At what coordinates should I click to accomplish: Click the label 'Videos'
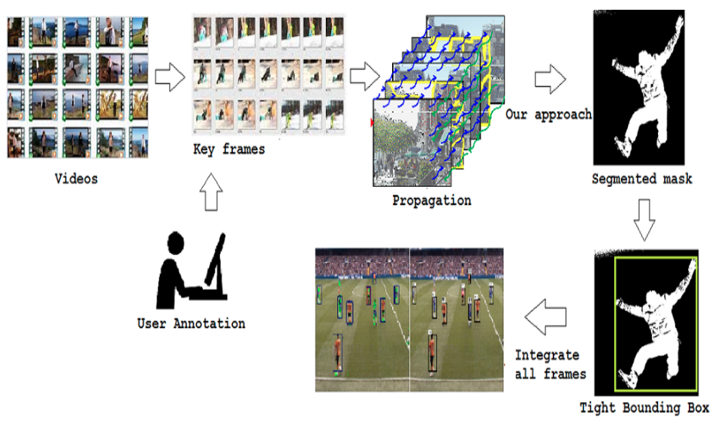(x=77, y=179)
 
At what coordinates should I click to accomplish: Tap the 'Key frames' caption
(x=229, y=149)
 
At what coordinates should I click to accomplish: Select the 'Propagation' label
(x=432, y=200)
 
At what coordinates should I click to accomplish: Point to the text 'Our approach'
(x=548, y=115)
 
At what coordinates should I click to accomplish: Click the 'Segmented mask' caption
(x=642, y=179)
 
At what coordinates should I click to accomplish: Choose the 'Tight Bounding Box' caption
(x=644, y=408)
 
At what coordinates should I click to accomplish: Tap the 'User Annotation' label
(x=191, y=324)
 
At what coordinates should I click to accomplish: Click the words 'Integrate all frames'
(x=547, y=364)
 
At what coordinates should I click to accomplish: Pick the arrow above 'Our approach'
(x=551, y=78)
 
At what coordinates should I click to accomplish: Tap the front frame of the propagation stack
(x=405, y=147)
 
